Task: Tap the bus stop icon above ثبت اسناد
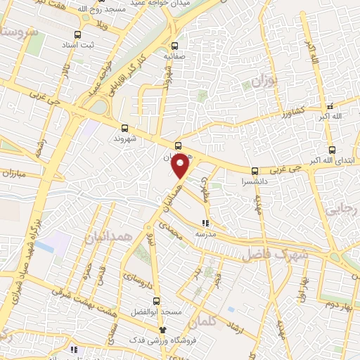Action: coord(77,34)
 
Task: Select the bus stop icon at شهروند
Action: coord(124,128)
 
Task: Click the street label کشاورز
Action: coord(288,111)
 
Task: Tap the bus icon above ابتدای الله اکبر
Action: coord(333,150)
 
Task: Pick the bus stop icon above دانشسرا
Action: coord(255,170)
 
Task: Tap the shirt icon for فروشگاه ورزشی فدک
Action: coord(162,330)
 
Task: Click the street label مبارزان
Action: coord(13,173)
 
